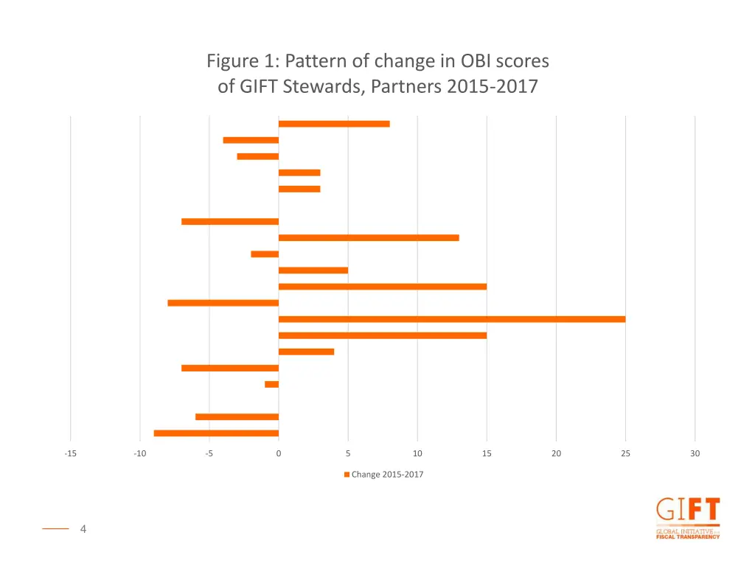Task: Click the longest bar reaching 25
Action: coord(451,319)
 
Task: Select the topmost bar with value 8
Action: coord(334,124)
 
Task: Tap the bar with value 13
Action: coord(369,238)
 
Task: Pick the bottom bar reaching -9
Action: coord(216,433)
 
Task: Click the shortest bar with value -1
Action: coord(272,384)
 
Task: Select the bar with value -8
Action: coord(223,303)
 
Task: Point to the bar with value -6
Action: coord(237,416)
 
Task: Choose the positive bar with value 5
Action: coord(313,270)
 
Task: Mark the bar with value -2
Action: coord(265,254)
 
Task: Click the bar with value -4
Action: coord(251,140)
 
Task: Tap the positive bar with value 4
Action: coord(306,352)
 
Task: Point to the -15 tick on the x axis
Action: coord(70,454)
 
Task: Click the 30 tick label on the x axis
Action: coord(695,454)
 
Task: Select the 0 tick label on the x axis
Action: coord(279,454)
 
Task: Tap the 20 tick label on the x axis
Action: coord(556,454)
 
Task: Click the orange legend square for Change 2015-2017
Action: coord(347,475)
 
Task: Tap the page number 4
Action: coord(83,528)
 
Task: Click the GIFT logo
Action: coord(687,518)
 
